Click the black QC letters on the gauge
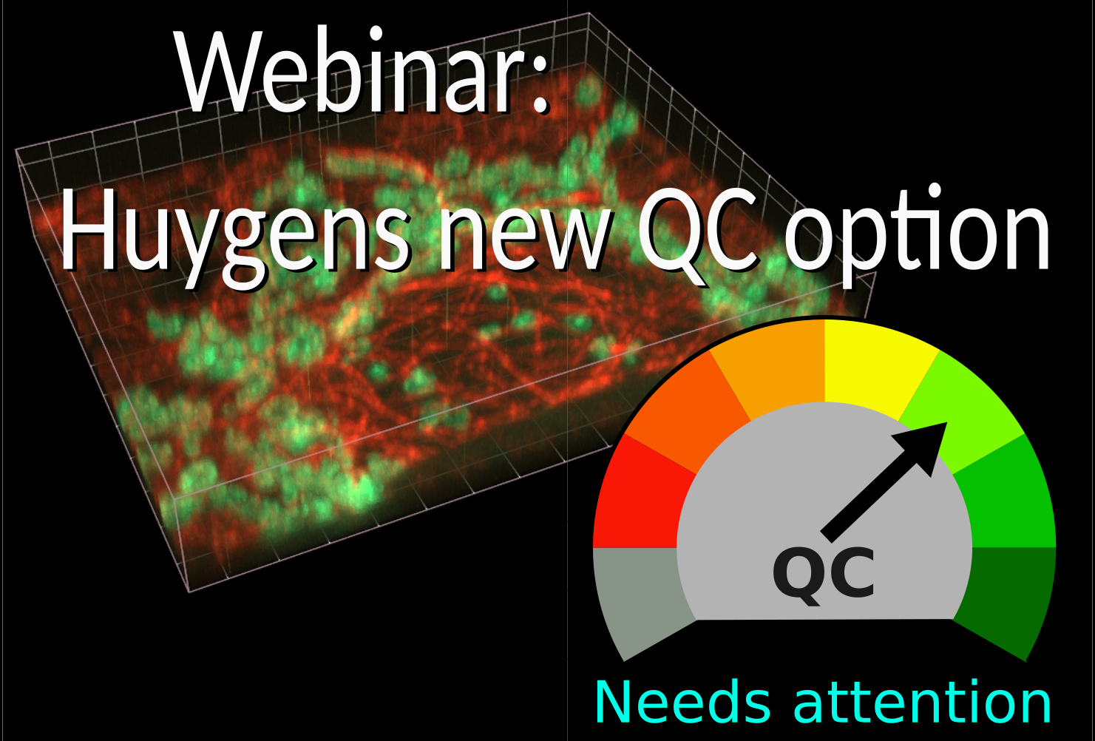point(824,575)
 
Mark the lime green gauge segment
point(961,407)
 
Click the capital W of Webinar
point(214,74)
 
